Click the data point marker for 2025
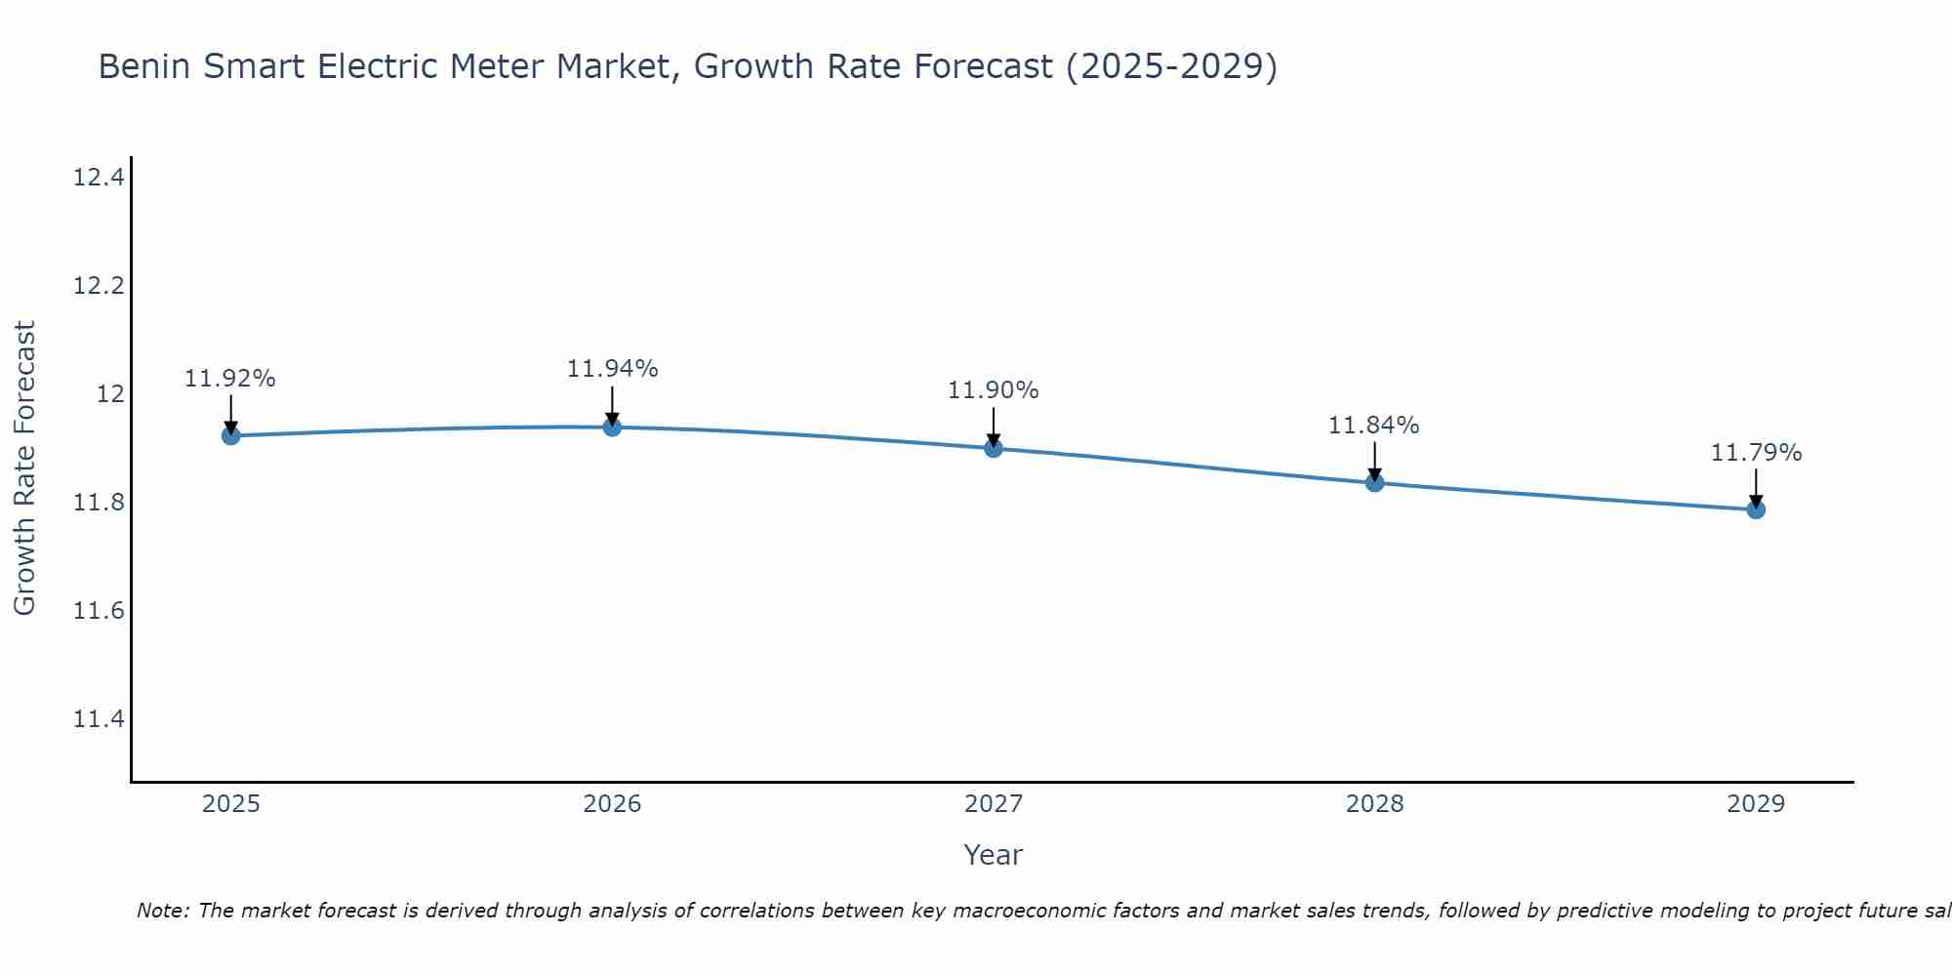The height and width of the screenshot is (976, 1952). pyautogui.click(x=231, y=435)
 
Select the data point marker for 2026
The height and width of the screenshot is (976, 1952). pyautogui.click(x=612, y=427)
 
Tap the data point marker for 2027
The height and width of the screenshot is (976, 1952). pyautogui.click(x=994, y=448)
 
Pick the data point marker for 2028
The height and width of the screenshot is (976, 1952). pyautogui.click(x=1374, y=482)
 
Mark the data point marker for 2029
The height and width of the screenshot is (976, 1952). pyautogui.click(x=1756, y=509)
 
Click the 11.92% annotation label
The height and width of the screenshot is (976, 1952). pyautogui.click(x=230, y=379)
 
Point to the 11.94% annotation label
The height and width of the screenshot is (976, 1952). pyautogui.click(x=612, y=369)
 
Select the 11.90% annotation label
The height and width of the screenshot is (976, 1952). pyautogui.click(x=994, y=390)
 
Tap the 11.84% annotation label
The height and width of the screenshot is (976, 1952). pyautogui.click(x=1374, y=426)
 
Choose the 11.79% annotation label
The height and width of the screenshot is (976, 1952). pyautogui.click(x=1756, y=453)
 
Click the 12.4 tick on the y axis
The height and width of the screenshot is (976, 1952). pyautogui.click(x=99, y=178)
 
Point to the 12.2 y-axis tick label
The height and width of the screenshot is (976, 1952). pyautogui.click(x=99, y=286)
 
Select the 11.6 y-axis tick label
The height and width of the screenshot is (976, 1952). pyautogui.click(x=99, y=611)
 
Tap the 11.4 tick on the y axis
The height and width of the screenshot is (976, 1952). pyautogui.click(x=99, y=719)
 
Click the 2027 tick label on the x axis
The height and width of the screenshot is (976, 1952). pyautogui.click(x=994, y=804)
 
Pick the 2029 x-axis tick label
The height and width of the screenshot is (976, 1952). pyautogui.click(x=1756, y=804)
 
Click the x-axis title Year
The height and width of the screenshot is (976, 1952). pyautogui.click(x=993, y=855)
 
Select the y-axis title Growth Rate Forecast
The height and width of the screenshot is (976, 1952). pyautogui.click(x=24, y=468)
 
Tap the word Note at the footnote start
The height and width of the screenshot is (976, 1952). pyautogui.click(x=163, y=911)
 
